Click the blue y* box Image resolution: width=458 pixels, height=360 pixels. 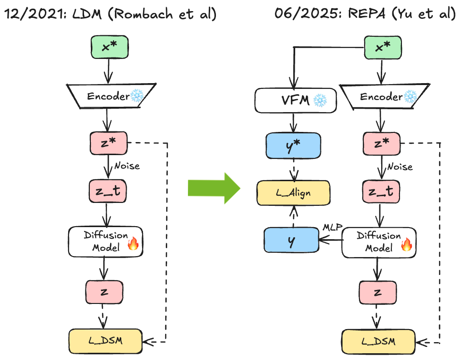click(x=293, y=145)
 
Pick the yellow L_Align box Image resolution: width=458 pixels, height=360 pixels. click(x=293, y=193)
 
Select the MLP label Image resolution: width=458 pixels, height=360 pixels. click(x=332, y=227)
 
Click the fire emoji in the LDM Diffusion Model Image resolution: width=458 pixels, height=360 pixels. click(x=133, y=245)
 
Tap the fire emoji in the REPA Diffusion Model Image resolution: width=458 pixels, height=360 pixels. click(x=407, y=245)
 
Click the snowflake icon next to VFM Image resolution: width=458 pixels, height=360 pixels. click(x=320, y=101)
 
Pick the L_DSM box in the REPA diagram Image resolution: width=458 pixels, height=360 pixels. click(x=379, y=341)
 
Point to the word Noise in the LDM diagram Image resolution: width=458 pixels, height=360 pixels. click(x=127, y=166)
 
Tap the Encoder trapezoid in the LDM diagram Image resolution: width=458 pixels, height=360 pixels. click(x=109, y=96)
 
